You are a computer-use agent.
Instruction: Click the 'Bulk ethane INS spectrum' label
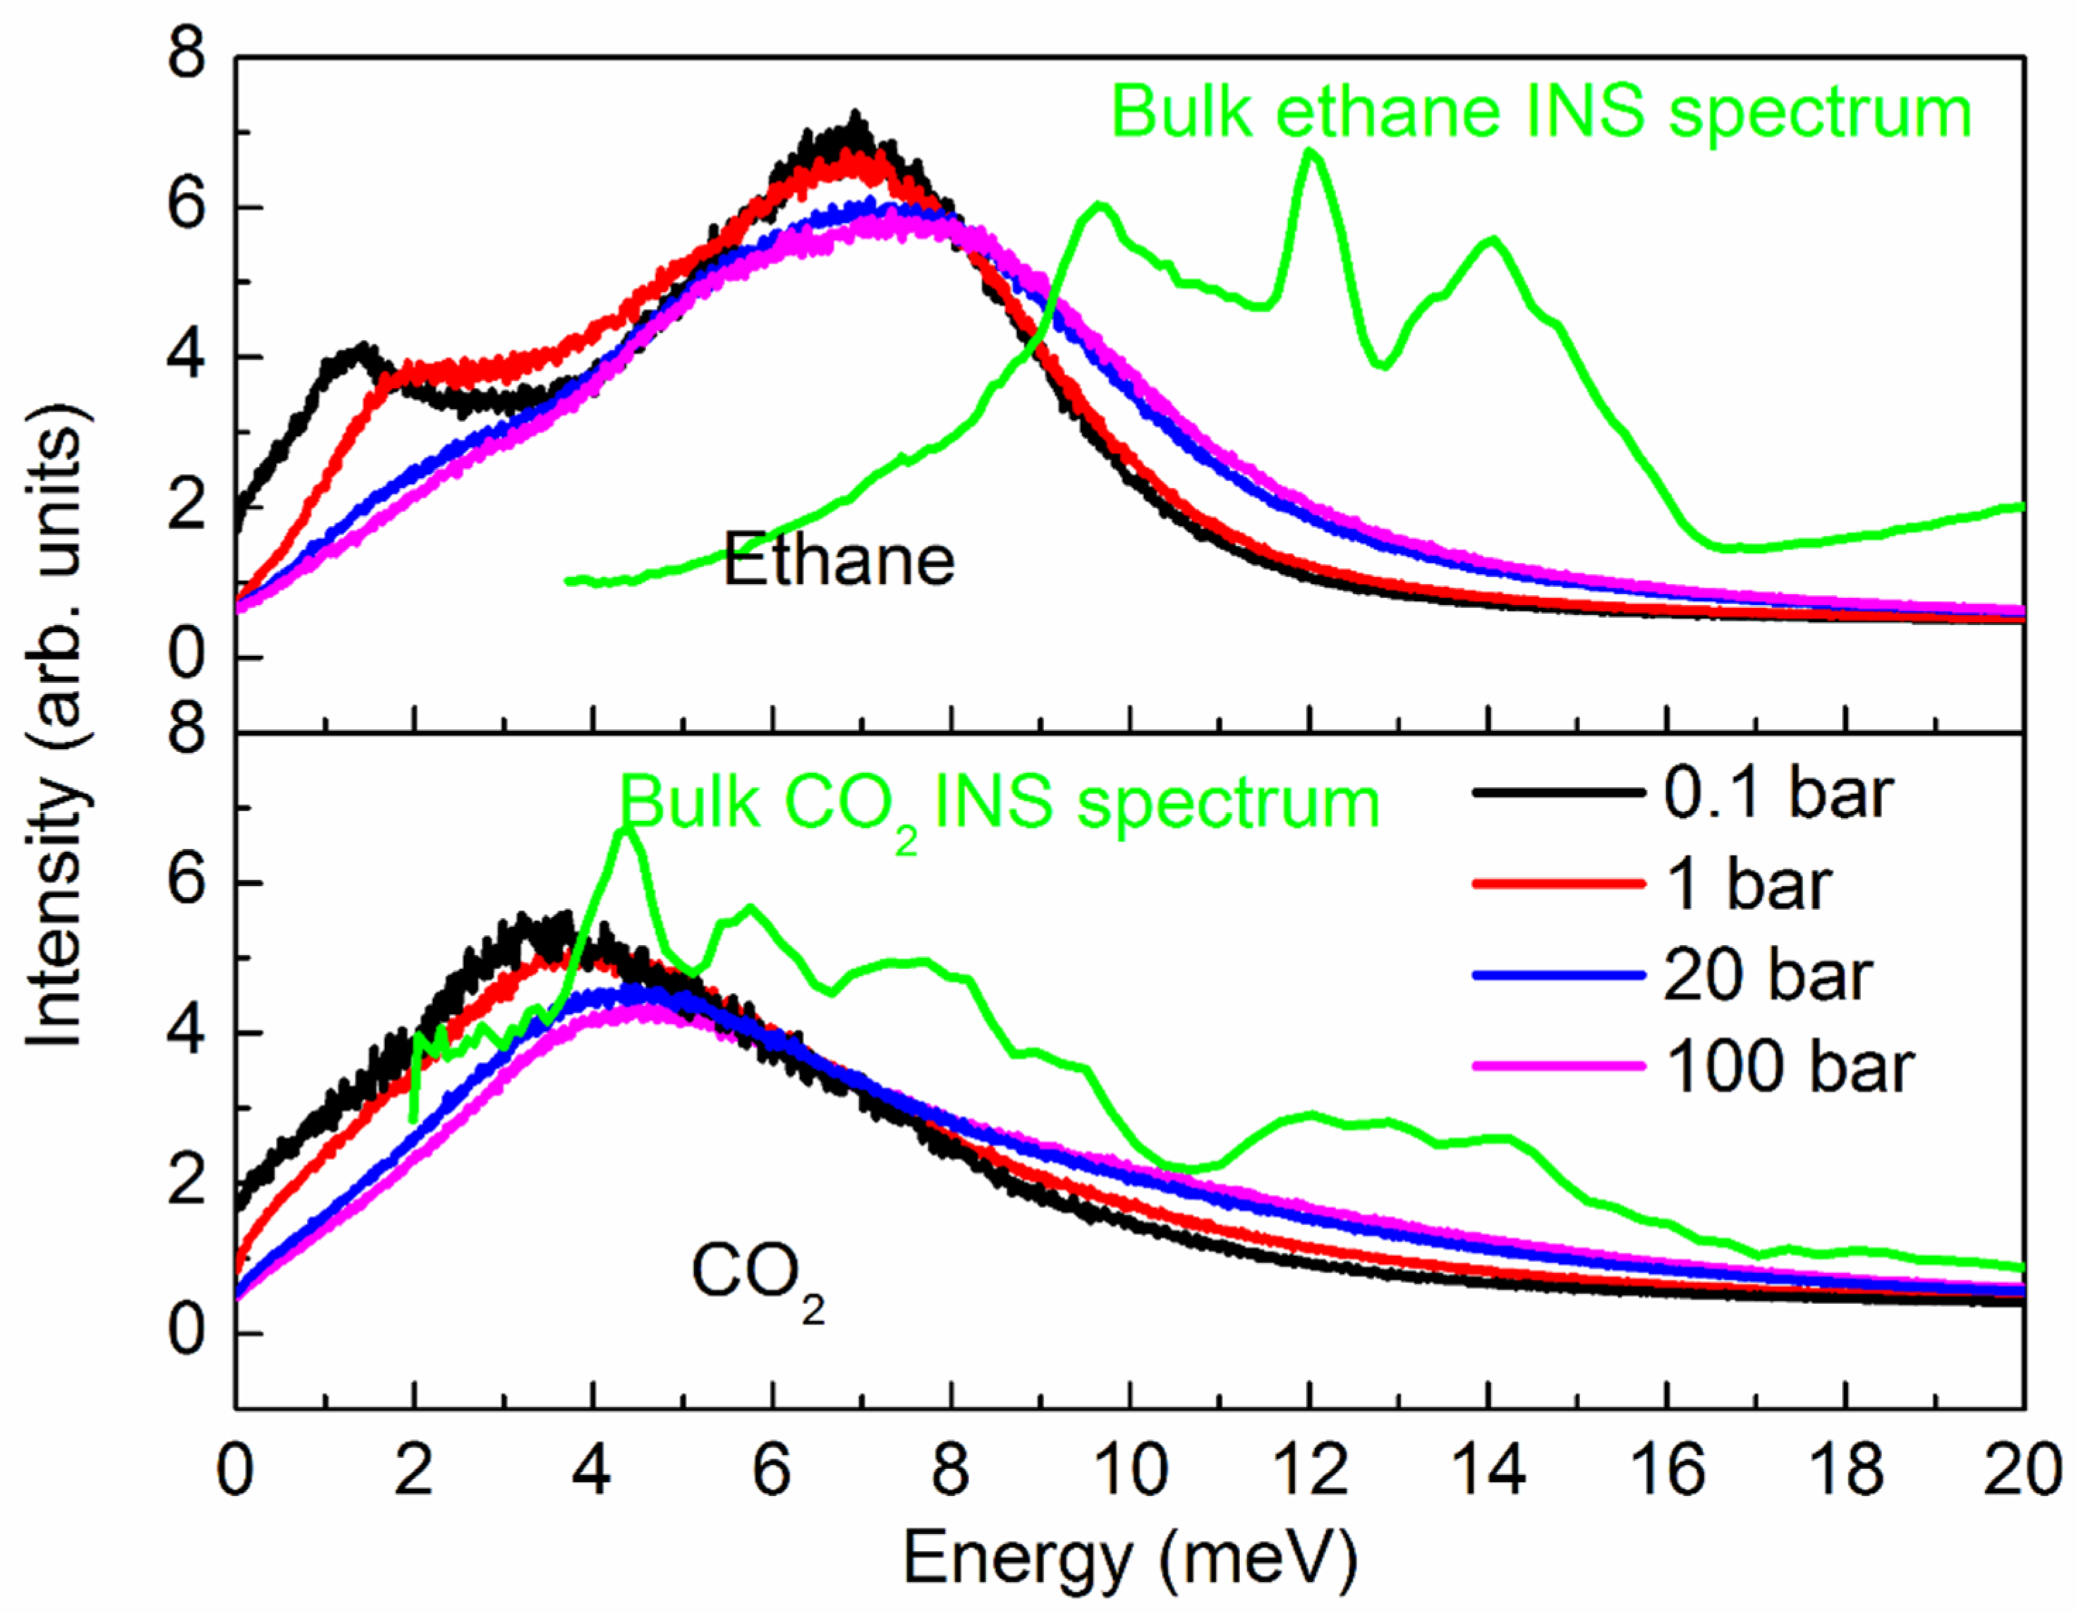pyautogui.click(x=1541, y=113)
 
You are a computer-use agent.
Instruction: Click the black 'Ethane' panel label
pyautogui.click(x=839, y=561)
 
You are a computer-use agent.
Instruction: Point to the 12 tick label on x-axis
pyautogui.click(x=1310, y=1471)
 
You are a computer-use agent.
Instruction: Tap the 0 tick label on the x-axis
pyautogui.click(x=235, y=1471)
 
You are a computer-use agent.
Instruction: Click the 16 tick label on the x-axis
pyautogui.click(x=1668, y=1471)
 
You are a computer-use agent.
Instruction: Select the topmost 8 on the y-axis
pyautogui.click(x=186, y=54)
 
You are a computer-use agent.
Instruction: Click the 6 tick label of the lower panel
pyautogui.click(x=186, y=882)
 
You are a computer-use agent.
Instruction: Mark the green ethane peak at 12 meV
pyautogui.click(x=1312, y=152)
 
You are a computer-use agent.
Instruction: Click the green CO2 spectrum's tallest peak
pyautogui.click(x=624, y=832)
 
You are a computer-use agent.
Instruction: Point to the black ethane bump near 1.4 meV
pyautogui.click(x=360, y=349)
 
